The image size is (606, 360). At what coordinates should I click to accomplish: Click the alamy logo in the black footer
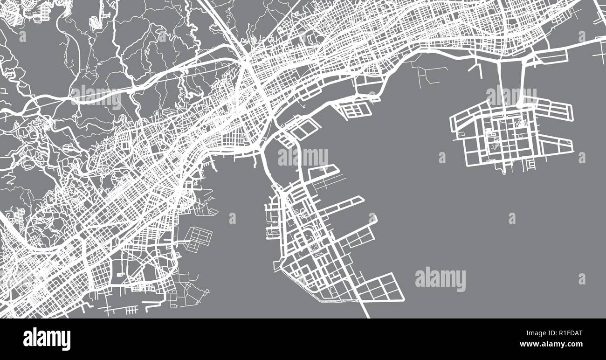pos(47,339)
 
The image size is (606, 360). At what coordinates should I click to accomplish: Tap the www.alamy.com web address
pos(550,345)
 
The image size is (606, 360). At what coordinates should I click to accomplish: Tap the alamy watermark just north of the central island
pos(303,158)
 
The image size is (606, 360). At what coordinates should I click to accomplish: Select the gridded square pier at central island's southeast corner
pos(385,287)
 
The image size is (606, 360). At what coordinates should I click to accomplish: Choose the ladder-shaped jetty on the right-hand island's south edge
pos(530,164)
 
